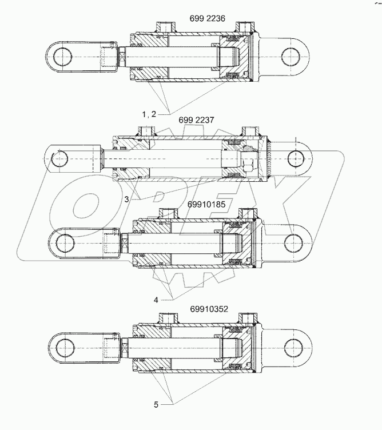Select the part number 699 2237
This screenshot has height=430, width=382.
pos(196,120)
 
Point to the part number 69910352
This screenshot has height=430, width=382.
pos(209,309)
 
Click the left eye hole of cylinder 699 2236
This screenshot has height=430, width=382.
pos(62,56)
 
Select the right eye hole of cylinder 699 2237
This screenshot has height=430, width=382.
pos(296,157)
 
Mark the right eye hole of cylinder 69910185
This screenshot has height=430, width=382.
pos(295,241)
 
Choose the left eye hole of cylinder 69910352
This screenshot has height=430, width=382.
pos(62,348)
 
